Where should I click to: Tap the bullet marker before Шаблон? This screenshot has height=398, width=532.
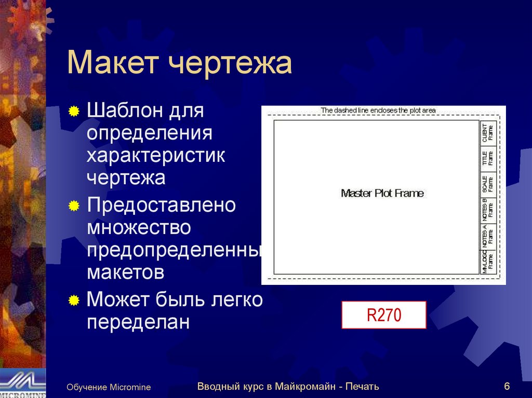[x=74, y=111]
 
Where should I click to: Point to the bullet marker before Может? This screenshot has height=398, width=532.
[x=74, y=300]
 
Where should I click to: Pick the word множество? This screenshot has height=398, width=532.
[x=139, y=227]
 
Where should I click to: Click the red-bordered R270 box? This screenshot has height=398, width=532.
[x=383, y=315]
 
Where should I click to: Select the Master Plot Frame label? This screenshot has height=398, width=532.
[x=382, y=194]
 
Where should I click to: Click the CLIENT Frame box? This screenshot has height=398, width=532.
[x=488, y=133]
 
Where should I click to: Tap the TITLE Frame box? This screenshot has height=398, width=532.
[x=488, y=159]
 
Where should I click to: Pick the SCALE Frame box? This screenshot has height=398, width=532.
[x=488, y=184]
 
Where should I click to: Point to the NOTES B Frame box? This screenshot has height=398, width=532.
[x=488, y=210]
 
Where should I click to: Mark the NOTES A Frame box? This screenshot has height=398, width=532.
[x=488, y=236]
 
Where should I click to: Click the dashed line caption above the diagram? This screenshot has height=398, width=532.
[x=378, y=111]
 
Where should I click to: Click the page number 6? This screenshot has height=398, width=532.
[x=507, y=386]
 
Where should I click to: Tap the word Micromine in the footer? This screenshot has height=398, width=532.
[x=130, y=388]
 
